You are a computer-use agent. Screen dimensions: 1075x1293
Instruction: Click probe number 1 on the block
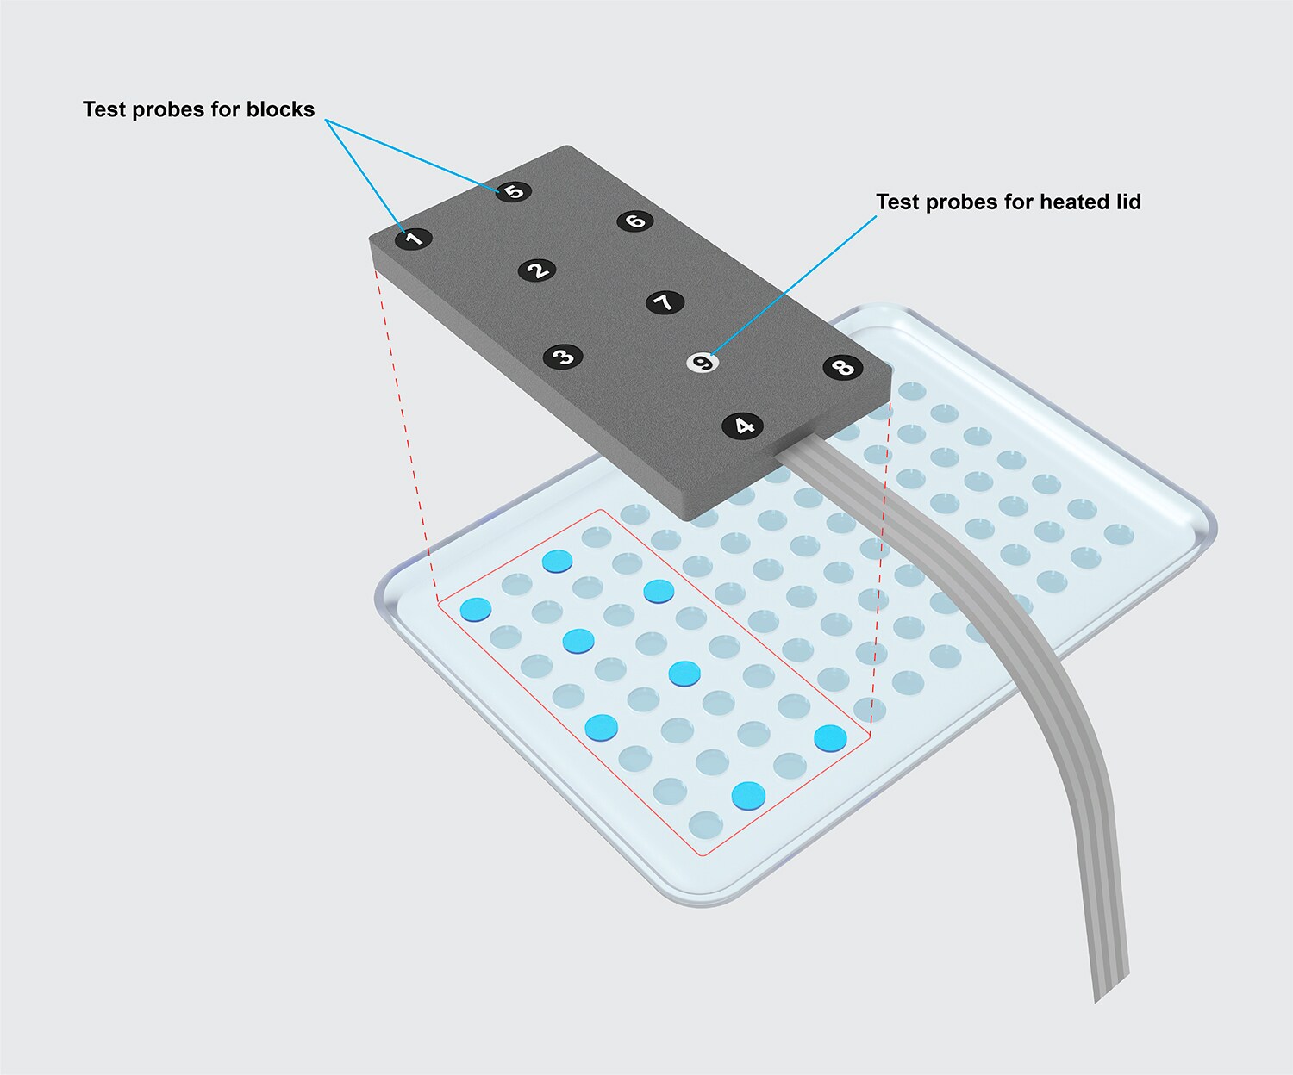[x=414, y=239]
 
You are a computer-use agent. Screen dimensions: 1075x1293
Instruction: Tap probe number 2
[x=537, y=270]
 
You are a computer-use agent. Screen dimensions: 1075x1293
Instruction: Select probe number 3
[x=563, y=357]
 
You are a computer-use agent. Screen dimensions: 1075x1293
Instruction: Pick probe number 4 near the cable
[x=743, y=426]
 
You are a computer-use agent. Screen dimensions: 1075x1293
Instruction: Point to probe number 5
[x=514, y=191]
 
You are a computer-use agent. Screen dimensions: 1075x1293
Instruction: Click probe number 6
[x=635, y=221]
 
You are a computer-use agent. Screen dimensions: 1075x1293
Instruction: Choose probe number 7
[x=665, y=302]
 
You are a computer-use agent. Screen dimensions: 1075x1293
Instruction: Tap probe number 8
[x=842, y=367]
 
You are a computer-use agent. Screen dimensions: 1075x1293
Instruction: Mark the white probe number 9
[x=703, y=363]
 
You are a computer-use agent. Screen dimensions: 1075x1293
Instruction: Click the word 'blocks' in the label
[x=280, y=109]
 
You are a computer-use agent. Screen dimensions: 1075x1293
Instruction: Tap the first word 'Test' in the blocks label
[x=103, y=109]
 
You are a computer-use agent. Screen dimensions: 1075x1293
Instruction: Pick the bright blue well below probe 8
[x=830, y=737]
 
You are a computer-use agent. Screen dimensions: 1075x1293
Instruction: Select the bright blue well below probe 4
[x=748, y=795]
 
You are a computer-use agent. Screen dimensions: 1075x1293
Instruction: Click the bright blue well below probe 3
[x=602, y=728]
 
